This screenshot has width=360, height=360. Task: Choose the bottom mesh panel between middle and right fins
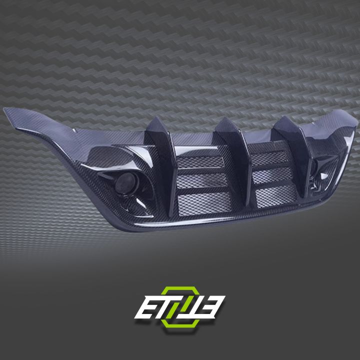(267, 192)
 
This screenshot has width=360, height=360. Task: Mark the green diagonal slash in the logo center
(179, 306)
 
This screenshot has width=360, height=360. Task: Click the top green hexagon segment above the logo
(180, 288)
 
